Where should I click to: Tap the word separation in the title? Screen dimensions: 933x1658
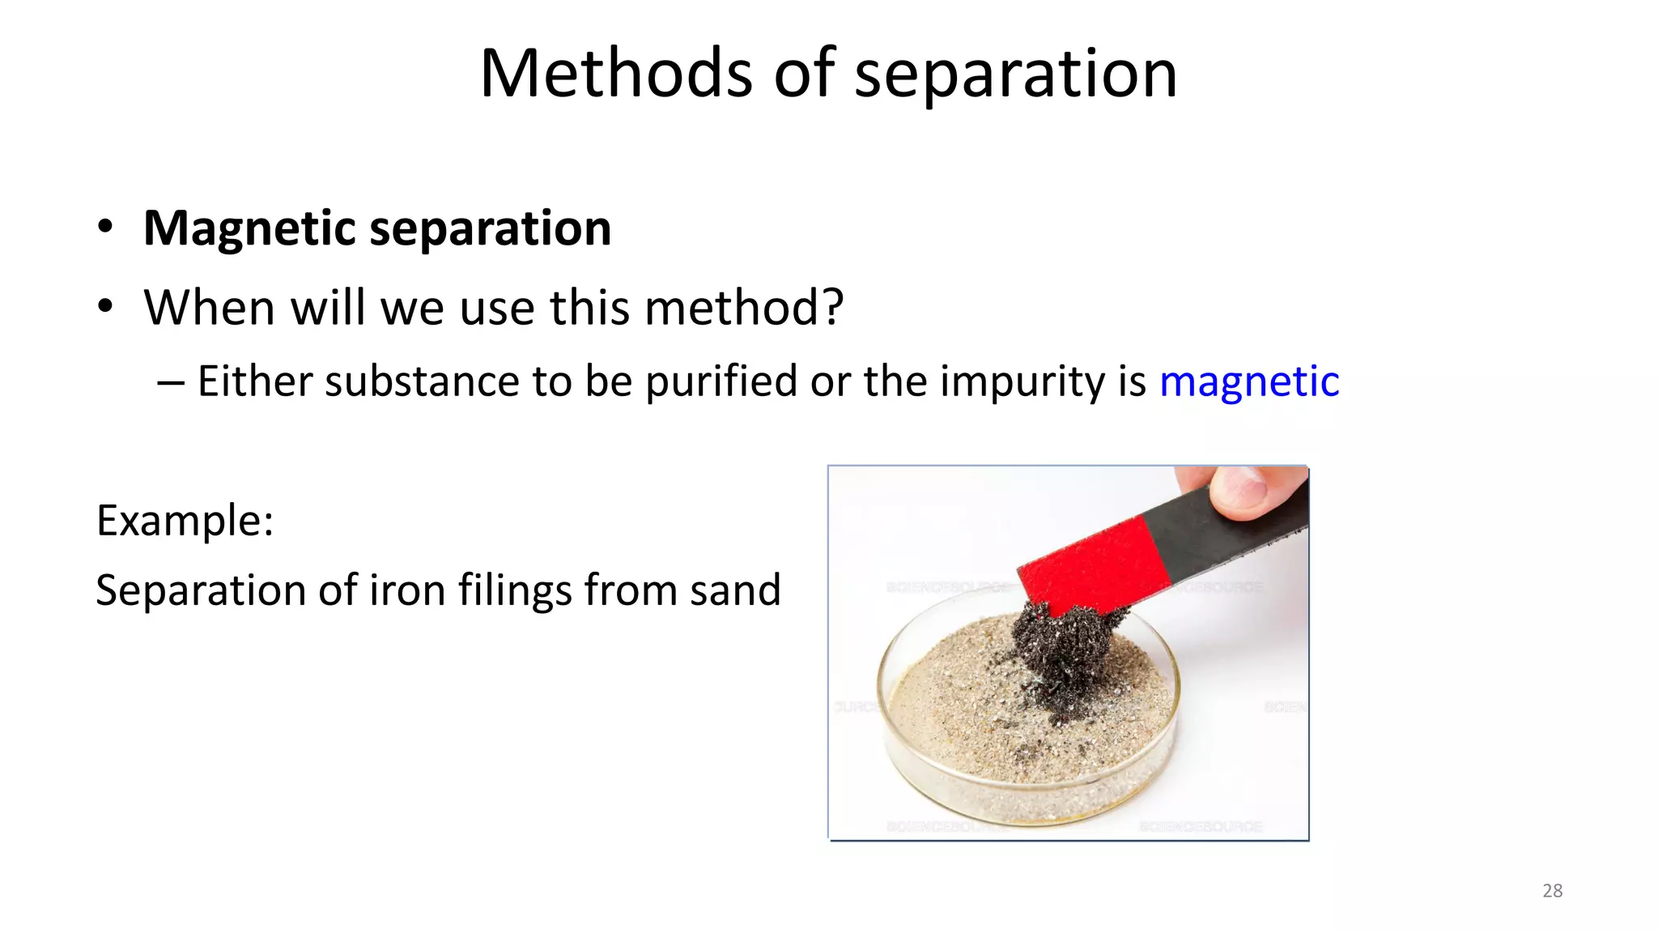[x=1015, y=75]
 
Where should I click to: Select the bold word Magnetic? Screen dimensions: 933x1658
[x=249, y=228]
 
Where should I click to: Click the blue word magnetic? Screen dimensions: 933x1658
[x=1249, y=381]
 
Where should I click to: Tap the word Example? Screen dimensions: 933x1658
[x=185, y=520]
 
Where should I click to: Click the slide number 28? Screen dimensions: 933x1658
[x=1552, y=891]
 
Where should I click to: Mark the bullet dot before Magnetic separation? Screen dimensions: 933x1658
[x=104, y=228]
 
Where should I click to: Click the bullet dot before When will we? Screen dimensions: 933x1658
[x=104, y=307]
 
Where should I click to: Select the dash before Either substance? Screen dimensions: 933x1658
[x=170, y=382]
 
